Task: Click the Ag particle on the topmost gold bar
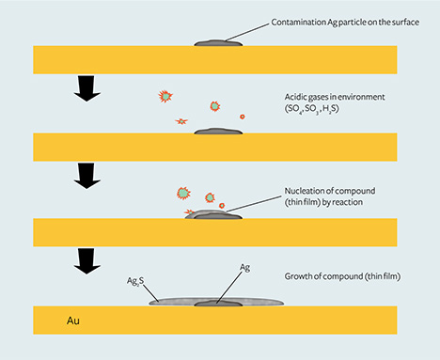(x=218, y=41)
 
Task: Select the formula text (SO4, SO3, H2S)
(x=321, y=111)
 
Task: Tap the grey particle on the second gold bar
(x=218, y=131)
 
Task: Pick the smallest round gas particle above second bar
(x=243, y=117)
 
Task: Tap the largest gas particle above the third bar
(x=184, y=194)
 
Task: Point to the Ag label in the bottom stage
(x=244, y=268)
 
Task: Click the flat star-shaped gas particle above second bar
(x=181, y=121)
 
